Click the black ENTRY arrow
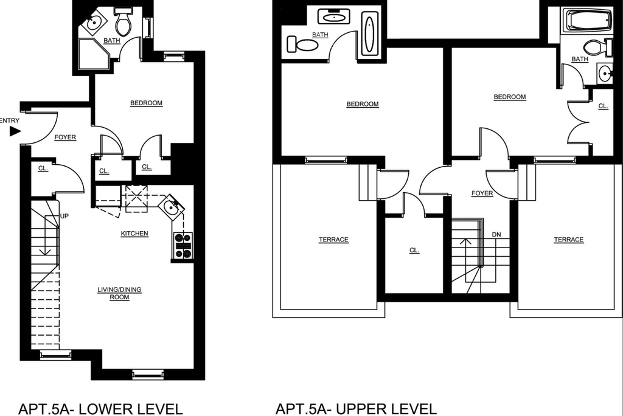point(15,131)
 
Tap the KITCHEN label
point(134,234)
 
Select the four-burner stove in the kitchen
point(183,246)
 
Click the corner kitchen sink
point(172,207)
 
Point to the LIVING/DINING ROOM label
point(120,293)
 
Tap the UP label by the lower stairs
point(64,216)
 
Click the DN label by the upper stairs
point(496,235)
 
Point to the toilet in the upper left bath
point(303,44)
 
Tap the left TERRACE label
point(333,240)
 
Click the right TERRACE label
point(569,240)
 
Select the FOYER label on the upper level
point(482,193)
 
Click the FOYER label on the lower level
point(65,137)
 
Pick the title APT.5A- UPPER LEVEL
point(355,409)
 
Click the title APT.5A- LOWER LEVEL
point(100,409)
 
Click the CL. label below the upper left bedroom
point(414,251)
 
